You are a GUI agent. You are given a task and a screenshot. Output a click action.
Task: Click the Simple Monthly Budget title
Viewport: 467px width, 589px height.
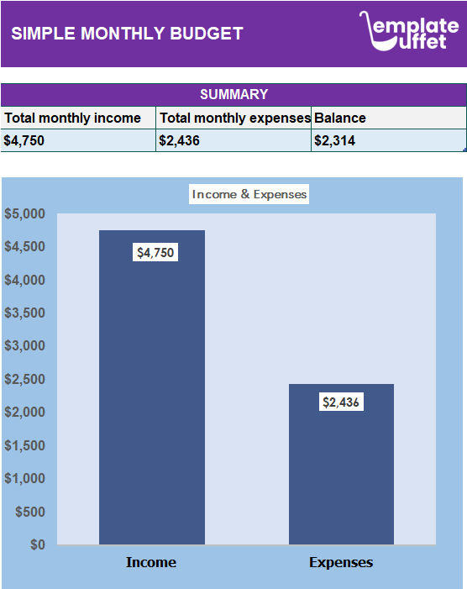127,34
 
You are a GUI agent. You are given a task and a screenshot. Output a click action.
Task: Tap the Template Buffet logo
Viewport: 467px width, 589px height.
409,31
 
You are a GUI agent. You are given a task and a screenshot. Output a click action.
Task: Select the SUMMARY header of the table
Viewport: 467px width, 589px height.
233,95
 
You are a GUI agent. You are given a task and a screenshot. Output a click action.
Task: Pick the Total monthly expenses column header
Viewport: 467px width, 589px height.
234,118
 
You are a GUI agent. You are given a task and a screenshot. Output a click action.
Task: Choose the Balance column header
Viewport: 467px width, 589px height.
340,118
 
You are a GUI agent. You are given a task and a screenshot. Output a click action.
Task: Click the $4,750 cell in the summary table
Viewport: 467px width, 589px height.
24,140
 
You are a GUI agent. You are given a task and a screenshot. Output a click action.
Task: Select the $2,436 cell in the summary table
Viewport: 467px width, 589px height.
179,140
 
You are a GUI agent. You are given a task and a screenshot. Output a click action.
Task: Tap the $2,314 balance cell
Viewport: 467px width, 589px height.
334,140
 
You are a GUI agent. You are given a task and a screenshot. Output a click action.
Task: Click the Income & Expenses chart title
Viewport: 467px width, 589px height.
249,194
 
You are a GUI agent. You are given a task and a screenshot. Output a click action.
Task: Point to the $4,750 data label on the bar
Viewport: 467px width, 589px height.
155,252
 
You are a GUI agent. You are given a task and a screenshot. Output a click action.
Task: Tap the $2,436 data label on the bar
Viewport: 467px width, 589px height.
341,402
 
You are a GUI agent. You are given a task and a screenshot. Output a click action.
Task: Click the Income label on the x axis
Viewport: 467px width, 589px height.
151,562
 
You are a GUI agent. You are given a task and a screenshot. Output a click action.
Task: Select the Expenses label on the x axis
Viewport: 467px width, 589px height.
341,562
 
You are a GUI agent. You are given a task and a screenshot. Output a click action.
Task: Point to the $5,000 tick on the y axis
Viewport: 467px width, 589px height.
24,213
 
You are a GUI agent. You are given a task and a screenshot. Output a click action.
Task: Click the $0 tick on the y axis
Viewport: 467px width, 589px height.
37,544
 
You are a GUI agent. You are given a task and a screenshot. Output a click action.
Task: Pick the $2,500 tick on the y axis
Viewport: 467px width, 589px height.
24,379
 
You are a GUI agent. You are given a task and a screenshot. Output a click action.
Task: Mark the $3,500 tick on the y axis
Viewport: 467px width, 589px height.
24,313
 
